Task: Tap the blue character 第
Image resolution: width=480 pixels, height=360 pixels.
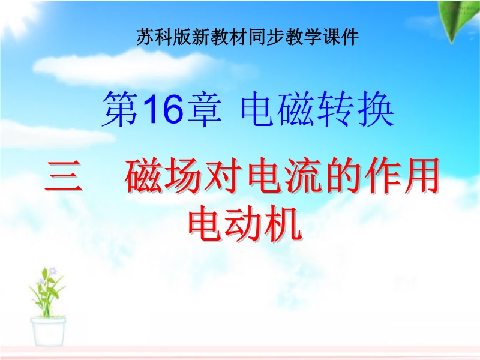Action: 121,109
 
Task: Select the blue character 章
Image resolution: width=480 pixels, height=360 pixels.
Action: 204,109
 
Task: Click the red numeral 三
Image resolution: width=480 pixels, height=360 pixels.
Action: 64,176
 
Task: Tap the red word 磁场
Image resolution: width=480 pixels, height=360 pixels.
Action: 163,176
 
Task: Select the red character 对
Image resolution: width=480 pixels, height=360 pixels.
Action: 224,176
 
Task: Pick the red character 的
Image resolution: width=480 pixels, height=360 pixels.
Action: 343,176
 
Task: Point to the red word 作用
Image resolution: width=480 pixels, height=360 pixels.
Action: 401,176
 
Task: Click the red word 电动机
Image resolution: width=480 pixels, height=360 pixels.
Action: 245,223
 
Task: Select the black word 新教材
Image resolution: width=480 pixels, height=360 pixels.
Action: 220,37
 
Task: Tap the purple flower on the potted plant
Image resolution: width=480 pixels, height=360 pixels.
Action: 53,271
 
